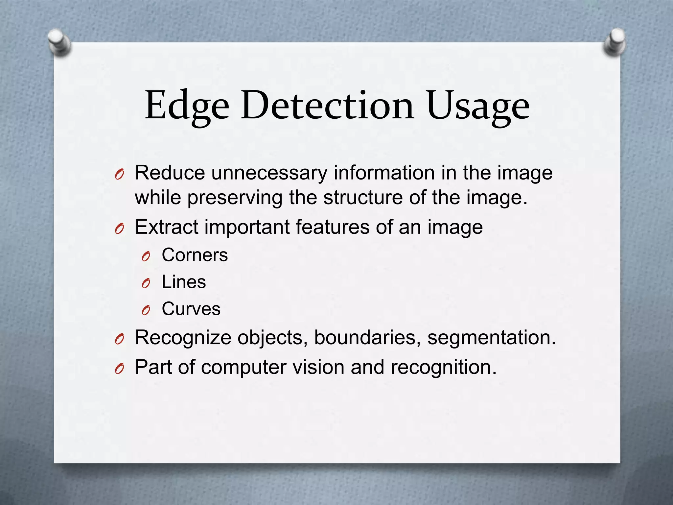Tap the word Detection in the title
coord(327,105)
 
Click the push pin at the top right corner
coord(615,42)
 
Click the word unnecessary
coord(269,173)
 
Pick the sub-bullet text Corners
coord(195,255)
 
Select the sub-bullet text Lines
coord(184,282)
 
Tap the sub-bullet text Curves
coord(191,309)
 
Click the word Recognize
coord(183,338)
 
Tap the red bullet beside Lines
coord(146,283)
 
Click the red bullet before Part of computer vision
coord(119,369)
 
